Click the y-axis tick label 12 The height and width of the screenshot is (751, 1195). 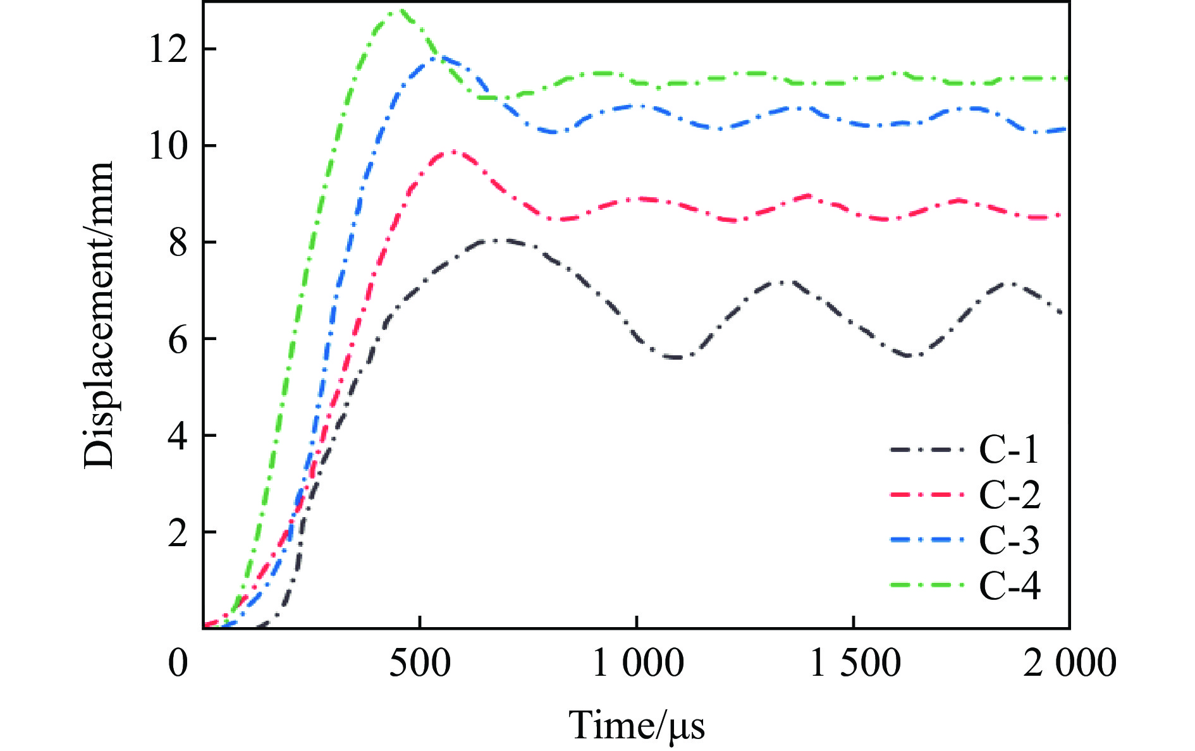(168, 49)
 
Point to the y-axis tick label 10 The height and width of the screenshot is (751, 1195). (168, 146)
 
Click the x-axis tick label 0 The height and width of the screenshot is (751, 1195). (178, 662)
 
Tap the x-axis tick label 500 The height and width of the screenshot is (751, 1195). (420, 662)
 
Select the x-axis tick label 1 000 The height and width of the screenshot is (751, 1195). (637, 662)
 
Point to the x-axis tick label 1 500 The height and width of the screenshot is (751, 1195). (855, 662)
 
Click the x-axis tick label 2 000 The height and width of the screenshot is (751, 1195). (1070, 662)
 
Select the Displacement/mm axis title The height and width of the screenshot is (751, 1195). (99, 315)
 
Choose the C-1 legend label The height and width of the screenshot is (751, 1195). (1009, 449)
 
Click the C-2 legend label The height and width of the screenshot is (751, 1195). (1009, 494)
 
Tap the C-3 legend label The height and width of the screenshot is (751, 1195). (1009, 540)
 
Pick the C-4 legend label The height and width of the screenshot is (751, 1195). (1009, 585)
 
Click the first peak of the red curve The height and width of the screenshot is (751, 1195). (453, 151)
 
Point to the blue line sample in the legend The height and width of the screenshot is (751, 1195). (927, 540)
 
